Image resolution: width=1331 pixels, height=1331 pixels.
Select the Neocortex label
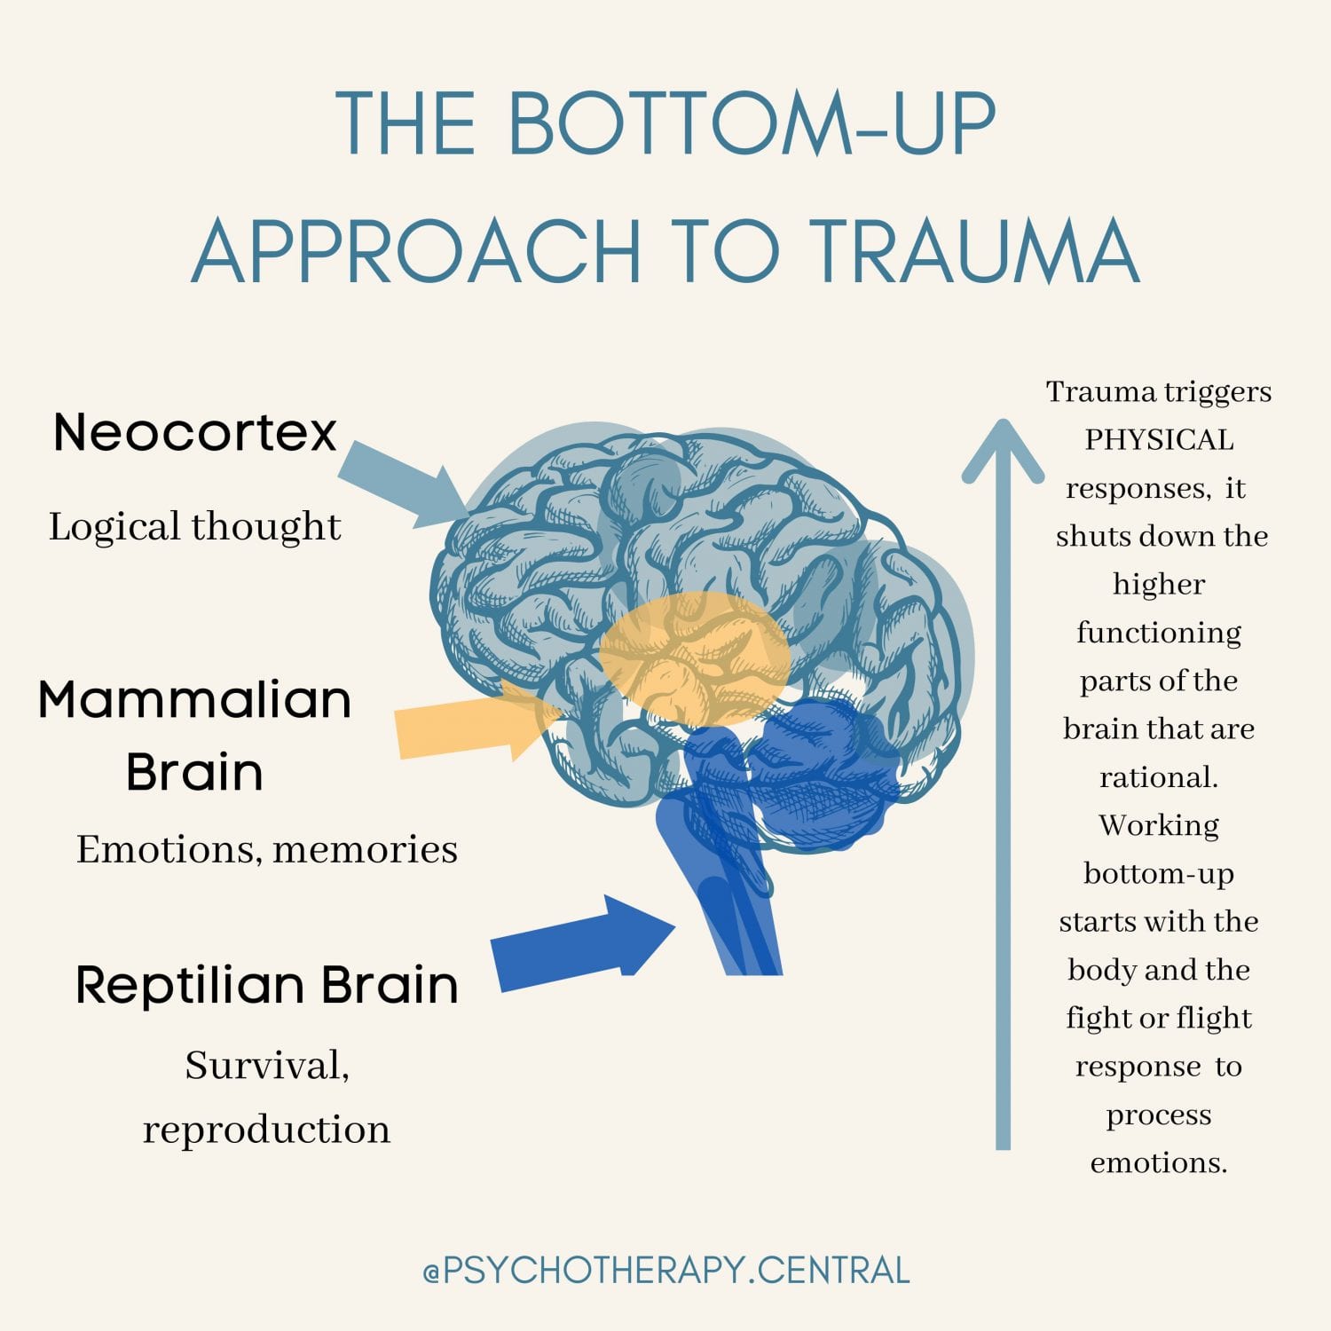point(195,433)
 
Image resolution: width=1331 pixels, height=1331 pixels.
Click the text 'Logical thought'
point(195,526)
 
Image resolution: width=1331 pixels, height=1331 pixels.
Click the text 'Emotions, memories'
point(267,849)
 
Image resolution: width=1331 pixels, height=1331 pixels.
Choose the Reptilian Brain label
point(267,984)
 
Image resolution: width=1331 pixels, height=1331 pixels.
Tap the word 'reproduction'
point(267,1130)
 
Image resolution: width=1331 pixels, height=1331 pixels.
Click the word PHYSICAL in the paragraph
point(1159,440)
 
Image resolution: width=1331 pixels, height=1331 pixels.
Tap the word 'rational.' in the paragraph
point(1159,777)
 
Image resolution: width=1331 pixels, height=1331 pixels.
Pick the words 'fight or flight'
point(1159,1018)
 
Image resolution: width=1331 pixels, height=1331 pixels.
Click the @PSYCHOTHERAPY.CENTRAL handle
point(666,1271)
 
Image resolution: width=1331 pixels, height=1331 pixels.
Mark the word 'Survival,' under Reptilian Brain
point(267,1065)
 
